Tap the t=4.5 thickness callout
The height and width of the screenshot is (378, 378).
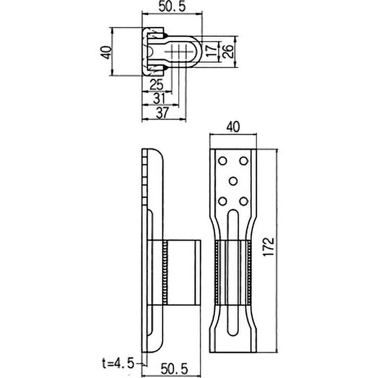point(118,364)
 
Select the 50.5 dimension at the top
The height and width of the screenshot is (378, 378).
point(172,6)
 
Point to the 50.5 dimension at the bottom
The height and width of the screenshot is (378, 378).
point(174,369)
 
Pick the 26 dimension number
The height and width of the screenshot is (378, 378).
point(228,51)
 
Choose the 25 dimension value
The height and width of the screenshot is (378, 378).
point(156,85)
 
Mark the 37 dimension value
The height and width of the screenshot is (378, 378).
point(163,112)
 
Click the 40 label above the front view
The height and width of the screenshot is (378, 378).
point(233,127)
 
